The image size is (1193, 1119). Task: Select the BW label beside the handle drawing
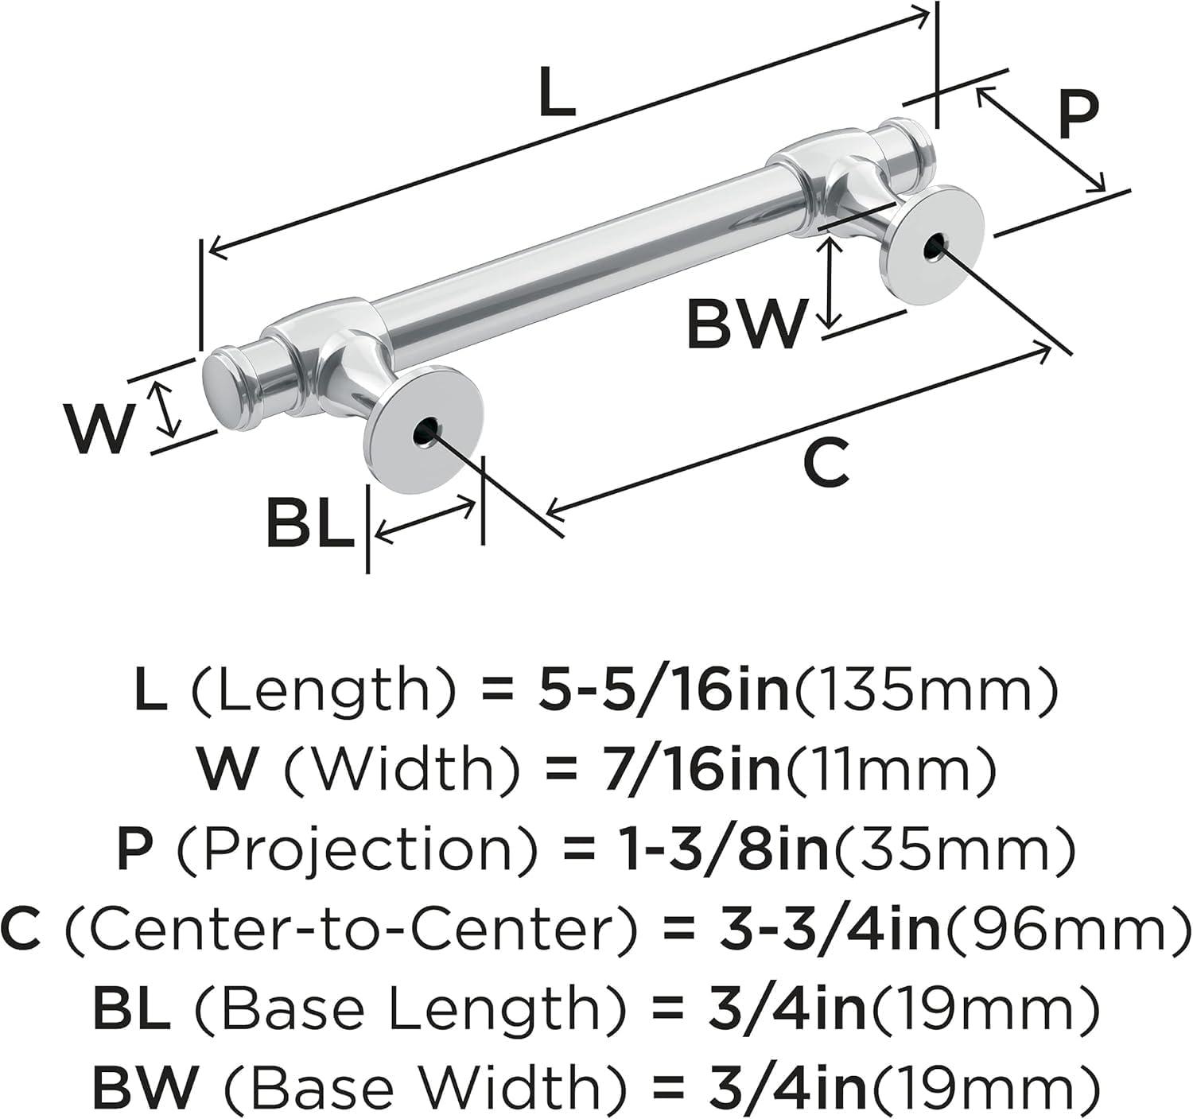point(745,324)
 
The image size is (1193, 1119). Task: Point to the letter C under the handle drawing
point(826,464)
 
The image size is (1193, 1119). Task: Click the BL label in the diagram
point(309,523)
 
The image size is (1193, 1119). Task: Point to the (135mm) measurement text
point(927,689)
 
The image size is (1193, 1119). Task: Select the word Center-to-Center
point(350,928)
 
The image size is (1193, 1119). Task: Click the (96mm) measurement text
point(1066,928)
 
